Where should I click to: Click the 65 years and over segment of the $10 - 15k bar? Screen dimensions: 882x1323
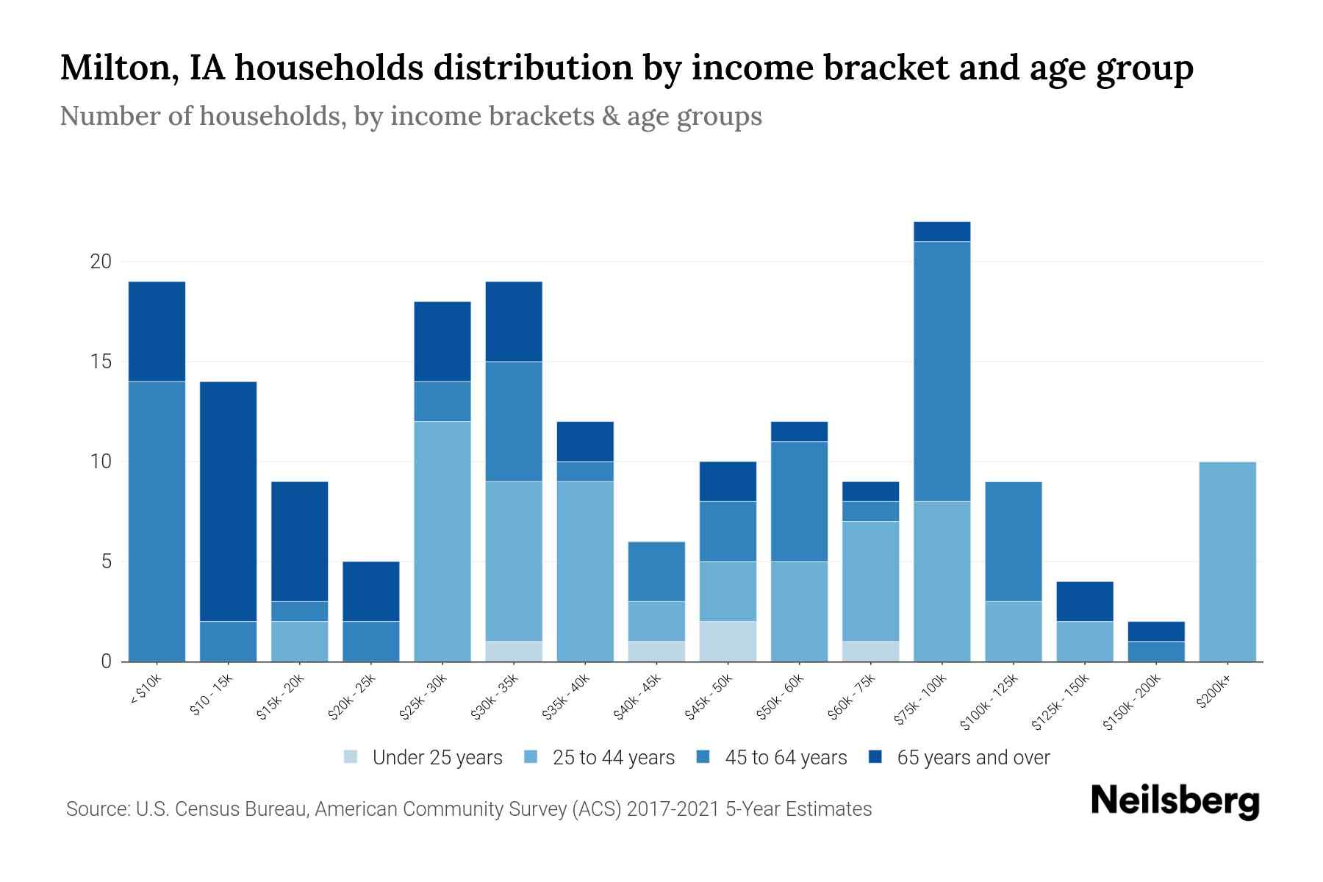(x=228, y=501)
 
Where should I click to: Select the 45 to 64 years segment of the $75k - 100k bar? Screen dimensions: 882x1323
(x=942, y=371)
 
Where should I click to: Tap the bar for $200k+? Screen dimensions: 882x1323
(x=1227, y=562)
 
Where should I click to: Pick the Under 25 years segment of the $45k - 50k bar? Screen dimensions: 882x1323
(x=728, y=642)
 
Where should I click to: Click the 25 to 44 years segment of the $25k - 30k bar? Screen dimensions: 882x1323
(x=442, y=541)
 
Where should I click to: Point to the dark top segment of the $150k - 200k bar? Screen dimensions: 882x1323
(x=1156, y=631)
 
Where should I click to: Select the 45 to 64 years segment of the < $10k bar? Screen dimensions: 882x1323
(x=157, y=521)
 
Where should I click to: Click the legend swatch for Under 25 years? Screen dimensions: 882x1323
(x=351, y=757)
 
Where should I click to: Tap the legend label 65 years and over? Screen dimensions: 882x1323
(x=973, y=758)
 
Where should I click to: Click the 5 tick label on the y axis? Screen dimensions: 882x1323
(x=106, y=562)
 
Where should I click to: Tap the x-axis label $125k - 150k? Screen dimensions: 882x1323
(x=1061, y=701)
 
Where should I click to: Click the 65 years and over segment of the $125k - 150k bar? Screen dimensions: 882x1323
(x=1085, y=601)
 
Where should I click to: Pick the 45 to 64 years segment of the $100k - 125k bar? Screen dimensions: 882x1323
(x=1013, y=541)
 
